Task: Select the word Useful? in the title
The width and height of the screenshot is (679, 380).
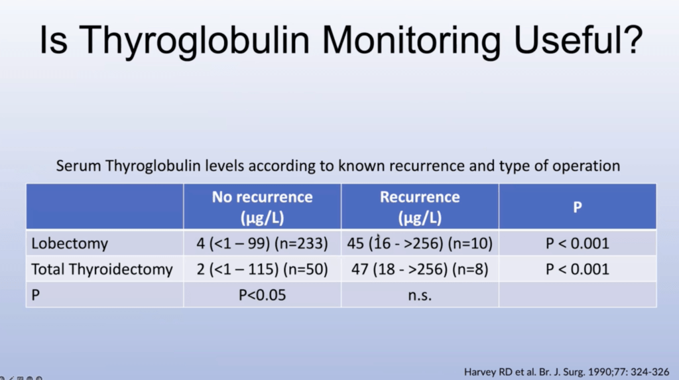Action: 578,40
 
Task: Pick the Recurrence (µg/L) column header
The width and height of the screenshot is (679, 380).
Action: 420,207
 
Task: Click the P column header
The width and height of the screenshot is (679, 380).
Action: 578,207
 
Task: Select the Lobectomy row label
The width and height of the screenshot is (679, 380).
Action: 69,243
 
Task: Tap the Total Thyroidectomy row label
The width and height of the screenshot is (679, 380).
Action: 101,269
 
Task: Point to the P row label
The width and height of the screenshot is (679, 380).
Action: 36,295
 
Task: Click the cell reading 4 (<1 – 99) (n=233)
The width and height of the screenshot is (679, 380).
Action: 262,243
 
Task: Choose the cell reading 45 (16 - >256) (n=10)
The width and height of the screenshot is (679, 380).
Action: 420,243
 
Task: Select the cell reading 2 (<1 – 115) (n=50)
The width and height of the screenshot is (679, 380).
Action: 262,269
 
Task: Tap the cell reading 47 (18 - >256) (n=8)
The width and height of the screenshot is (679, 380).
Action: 420,269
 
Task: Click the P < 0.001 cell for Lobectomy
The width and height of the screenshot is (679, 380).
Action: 578,243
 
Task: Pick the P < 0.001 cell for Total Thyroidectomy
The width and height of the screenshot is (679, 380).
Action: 578,269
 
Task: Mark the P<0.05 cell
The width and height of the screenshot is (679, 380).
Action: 262,295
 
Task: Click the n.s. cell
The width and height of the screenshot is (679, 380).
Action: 420,296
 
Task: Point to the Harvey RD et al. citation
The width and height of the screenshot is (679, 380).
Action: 566,372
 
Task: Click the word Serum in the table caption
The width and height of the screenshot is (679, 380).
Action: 78,166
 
